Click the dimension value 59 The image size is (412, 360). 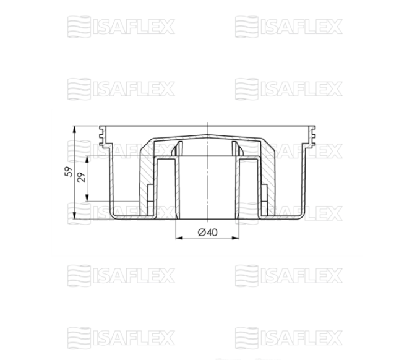(x=69, y=171)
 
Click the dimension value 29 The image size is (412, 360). (x=82, y=178)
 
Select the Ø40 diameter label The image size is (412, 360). (x=208, y=233)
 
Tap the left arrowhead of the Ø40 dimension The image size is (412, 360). (x=179, y=238)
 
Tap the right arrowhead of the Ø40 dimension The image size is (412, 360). (x=236, y=238)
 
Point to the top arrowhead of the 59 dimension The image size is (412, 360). (x=75, y=129)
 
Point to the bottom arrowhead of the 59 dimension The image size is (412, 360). (x=75, y=215)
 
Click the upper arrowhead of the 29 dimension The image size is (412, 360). (x=87, y=160)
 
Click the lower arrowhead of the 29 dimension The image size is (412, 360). (x=87, y=198)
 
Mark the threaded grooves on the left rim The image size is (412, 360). (x=103, y=136)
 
